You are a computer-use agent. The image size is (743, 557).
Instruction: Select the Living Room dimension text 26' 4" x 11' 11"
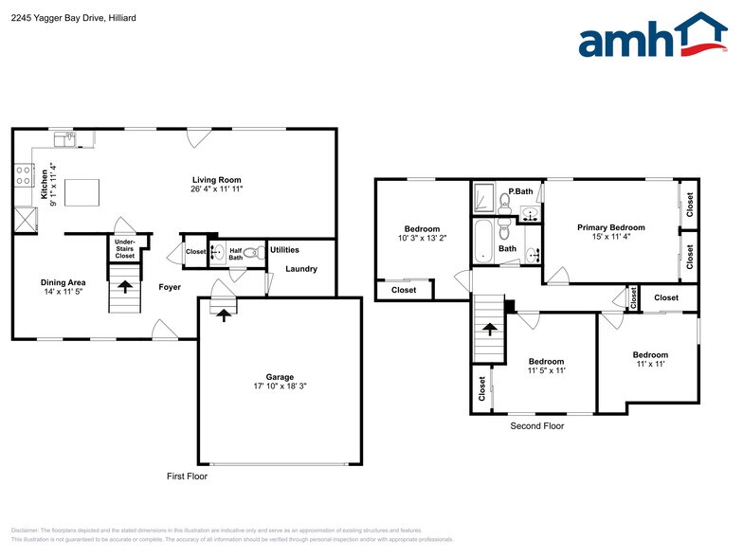coord(217,189)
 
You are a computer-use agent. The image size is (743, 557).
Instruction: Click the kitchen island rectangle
coord(82,193)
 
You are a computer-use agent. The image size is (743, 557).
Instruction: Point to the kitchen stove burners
coord(24,175)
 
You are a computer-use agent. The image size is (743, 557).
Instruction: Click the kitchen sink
coord(65,140)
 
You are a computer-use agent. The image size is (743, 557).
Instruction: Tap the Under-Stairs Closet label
coord(125,249)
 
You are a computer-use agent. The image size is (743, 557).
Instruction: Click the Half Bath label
coord(236,254)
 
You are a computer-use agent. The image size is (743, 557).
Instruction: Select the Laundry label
coord(301,269)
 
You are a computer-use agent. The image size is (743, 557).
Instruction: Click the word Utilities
coord(284,250)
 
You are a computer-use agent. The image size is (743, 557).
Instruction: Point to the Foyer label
coord(170,287)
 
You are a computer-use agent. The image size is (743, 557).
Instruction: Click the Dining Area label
coord(63,282)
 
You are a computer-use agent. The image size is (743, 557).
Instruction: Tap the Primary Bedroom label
coord(611,227)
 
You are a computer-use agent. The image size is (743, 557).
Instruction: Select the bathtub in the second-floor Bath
coord(482,241)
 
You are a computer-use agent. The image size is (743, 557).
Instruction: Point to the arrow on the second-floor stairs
coord(490,329)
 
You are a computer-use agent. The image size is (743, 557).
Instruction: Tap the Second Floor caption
coord(536,426)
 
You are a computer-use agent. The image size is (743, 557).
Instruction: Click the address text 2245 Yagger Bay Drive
coord(57,18)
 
